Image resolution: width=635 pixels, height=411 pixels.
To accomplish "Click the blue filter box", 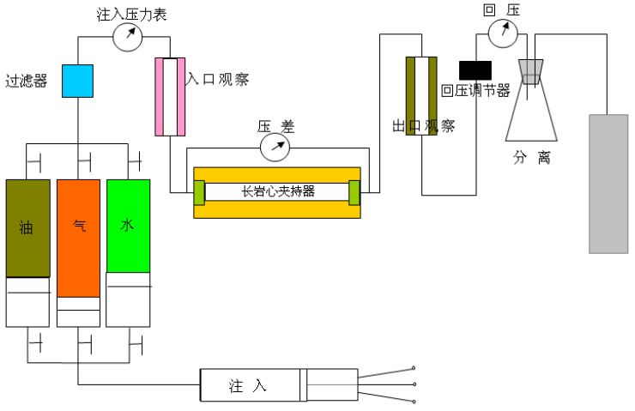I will point(77,81).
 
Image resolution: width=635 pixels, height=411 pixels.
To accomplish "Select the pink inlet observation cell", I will point(170,96).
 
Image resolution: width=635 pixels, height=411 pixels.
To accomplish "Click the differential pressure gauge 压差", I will point(275,147).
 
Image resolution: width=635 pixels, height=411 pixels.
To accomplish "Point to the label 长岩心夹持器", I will point(278,191).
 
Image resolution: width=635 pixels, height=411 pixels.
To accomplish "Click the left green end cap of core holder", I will point(199,192).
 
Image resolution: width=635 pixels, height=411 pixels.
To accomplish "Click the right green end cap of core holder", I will point(355,192).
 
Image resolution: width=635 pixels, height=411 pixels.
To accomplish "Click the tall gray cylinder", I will point(608,183).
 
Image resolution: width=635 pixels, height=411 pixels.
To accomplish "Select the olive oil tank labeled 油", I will point(28,227).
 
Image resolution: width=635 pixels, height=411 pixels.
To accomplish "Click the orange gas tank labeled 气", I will point(79,236).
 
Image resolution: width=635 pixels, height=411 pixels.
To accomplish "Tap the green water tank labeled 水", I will point(128,226).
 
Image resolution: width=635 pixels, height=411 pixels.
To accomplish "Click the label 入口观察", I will point(218,80).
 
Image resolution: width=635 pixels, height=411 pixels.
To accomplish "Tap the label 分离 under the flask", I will point(532,158).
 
